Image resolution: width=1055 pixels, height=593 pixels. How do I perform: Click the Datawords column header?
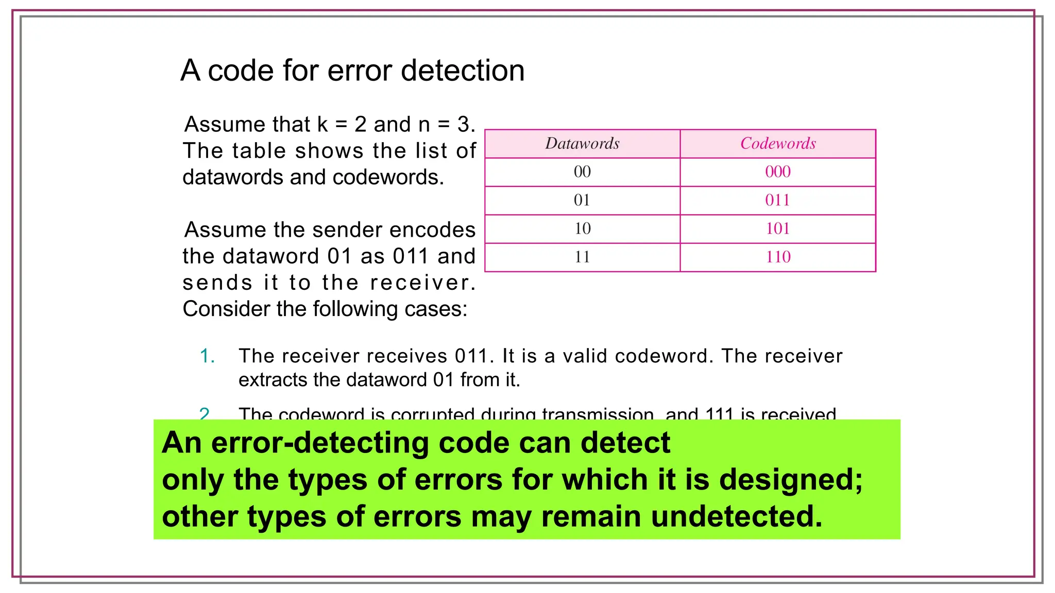click(x=582, y=144)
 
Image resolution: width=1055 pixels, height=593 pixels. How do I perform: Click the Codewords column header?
click(x=778, y=144)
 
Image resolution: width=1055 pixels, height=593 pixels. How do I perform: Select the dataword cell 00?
click(x=582, y=172)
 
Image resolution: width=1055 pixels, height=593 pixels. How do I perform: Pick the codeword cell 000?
click(x=778, y=172)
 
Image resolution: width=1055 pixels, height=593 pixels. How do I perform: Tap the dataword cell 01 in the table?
click(x=582, y=200)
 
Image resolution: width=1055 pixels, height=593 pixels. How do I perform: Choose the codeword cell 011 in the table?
click(x=778, y=200)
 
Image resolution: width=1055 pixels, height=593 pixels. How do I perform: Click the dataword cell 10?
click(x=582, y=229)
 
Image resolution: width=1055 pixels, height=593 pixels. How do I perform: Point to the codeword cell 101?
click(x=778, y=229)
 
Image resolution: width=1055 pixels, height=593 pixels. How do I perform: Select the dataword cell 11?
click(x=582, y=257)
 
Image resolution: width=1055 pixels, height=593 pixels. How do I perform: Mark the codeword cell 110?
click(x=778, y=257)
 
